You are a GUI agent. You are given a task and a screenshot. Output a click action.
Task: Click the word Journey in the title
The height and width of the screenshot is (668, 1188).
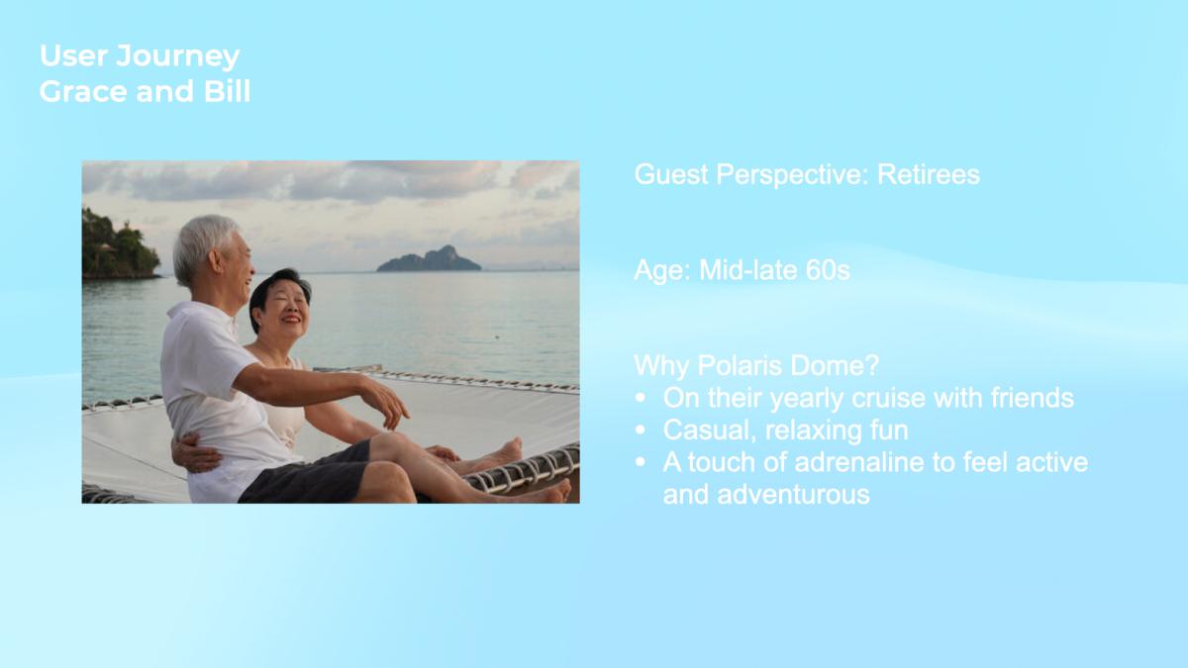tap(177, 56)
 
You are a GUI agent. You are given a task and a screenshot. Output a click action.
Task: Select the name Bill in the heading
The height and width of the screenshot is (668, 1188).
tap(227, 91)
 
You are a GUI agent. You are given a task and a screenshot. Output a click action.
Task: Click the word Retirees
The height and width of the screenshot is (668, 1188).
tap(929, 174)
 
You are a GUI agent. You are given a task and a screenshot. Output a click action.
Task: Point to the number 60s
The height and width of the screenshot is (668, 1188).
tap(828, 270)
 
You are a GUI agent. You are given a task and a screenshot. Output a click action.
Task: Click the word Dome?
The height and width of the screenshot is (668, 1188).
tap(835, 365)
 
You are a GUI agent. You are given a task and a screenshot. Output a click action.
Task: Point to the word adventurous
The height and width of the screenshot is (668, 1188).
tap(793, 495)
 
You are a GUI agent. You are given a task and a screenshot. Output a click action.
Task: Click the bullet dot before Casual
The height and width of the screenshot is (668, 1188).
tap(641, 429)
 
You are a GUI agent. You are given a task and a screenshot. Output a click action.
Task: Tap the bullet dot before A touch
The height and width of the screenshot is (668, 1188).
tap(641, 462)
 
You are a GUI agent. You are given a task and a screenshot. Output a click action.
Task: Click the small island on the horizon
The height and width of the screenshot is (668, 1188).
tap(429, 259)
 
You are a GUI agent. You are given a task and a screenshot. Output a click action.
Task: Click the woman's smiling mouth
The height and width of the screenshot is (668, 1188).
tap(290, 321)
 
